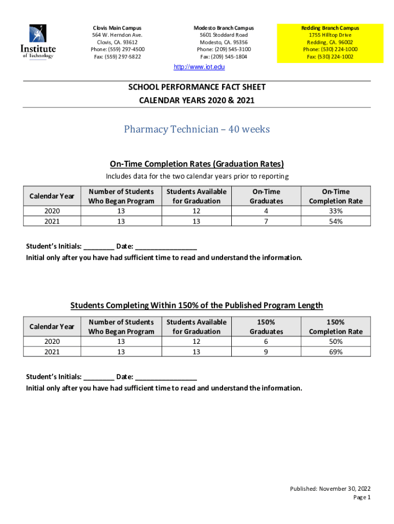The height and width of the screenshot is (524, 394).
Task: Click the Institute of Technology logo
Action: click(x=38, y=42)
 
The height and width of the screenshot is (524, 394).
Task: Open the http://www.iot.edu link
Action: click(x=200, y=67)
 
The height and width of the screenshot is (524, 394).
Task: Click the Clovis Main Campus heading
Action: click(x=117, y=28)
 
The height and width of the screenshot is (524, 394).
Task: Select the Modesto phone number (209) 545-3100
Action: click(x=224, y=49)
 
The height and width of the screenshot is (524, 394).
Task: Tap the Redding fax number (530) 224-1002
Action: click(x=330, y=56)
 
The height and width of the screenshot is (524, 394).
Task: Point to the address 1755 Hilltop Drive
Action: click(x=330, y=35)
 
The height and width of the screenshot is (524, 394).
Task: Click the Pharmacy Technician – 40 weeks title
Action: click(x=196, y=129)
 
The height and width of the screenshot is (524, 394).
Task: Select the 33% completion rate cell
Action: click(x=336, y=211)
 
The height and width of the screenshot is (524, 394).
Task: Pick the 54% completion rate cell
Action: click(x=336, y=221)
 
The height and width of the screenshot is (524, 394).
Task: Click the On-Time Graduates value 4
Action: click(x=266, y=211)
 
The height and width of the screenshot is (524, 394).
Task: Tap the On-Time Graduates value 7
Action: click(x=266, y=221)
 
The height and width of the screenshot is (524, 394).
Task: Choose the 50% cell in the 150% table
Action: click(x=336, y=341)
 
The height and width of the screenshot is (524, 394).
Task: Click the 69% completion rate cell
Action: click(x=336, y=351)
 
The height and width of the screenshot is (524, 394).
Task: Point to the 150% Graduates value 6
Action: click(x=266, y=341)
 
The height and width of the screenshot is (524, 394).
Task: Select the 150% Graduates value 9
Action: click(x=266, y=351)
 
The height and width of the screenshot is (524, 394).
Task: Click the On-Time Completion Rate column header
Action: click(x=336, y=196)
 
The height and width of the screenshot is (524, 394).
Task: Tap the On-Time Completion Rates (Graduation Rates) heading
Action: click(x=197, y=164)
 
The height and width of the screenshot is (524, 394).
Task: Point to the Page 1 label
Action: click(x=362, y=497)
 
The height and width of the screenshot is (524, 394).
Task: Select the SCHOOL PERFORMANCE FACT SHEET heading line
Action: click(x=197, y=87)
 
